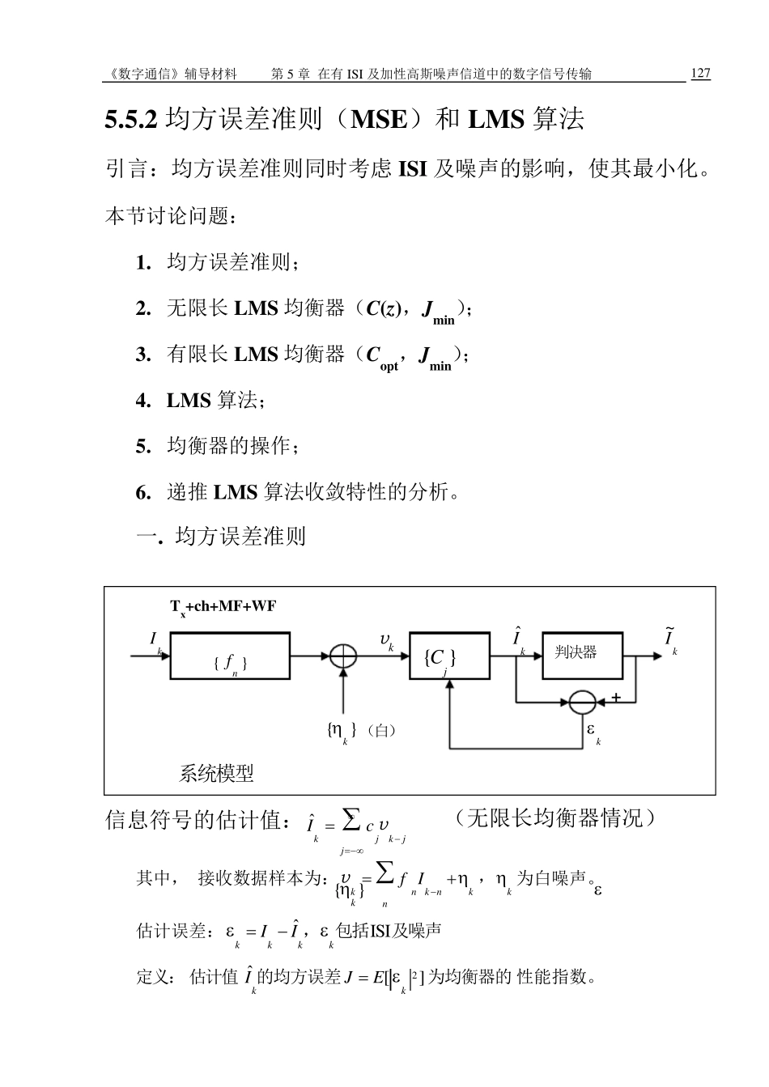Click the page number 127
click(x=700, y=74)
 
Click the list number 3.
click(x=143, y=355)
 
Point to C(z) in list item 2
click(x=384, y=308)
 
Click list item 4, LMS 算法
click(x=215, y=401)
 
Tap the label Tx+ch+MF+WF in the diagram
click(x=223, y=607)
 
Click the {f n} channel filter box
click(x=230, y=656)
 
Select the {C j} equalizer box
click(x=449, y=656)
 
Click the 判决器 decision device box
click(x=582, y=655)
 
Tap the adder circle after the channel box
click(x=343, y=656)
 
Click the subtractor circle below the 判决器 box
click(x=582, y=702)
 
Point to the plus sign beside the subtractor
click(x=616, y=696)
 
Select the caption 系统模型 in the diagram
click(x=216, y=774)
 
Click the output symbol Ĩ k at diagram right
click(x=670, y=639)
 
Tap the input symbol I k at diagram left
click(x=155, y=641)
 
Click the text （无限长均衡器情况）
click(x=554, y=818)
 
